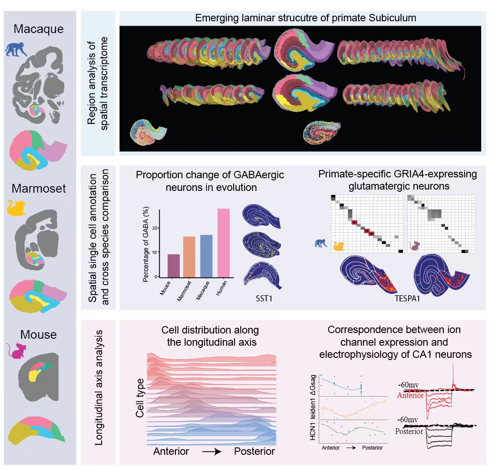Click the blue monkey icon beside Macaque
(15, 49)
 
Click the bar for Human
(224, 243)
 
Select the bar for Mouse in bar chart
(174, 265)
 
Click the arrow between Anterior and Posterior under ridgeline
(211, 452)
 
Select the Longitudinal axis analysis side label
(99, 387)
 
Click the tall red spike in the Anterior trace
(453, 374)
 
